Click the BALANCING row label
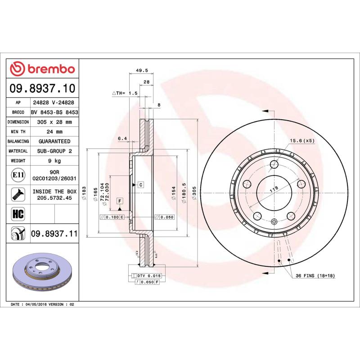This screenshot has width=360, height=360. click(18, 141)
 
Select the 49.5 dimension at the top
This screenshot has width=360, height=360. click(142, 70)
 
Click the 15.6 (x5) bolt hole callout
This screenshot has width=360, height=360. click(302, 140)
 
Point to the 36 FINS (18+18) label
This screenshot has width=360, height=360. click(315, 275)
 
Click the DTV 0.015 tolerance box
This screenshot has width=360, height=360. click(148, 275)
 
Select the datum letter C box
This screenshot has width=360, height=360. click(140, 184)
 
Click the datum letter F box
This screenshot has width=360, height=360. click(120, 201)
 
